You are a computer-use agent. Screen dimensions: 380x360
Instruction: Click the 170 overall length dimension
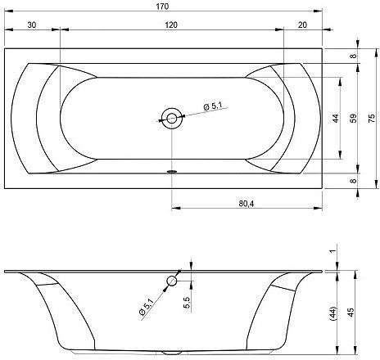tap(162, 6)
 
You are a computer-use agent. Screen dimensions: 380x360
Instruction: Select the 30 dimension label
tap(32, 25)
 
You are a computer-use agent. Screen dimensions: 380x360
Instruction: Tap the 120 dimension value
tap(171, 25)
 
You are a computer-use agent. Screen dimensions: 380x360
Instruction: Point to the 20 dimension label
tap(302, 25)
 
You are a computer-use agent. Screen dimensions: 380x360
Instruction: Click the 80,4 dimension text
tap(247, 204)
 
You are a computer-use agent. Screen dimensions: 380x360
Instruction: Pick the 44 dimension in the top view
tap(336, 119)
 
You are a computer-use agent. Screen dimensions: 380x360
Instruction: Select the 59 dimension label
tap(354, 119)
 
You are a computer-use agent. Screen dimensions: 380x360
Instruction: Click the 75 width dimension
tap(372, 119)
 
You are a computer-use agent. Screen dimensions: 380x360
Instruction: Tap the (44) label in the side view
tap(334, 313)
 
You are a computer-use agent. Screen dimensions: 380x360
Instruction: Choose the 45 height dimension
tap(351, 313)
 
